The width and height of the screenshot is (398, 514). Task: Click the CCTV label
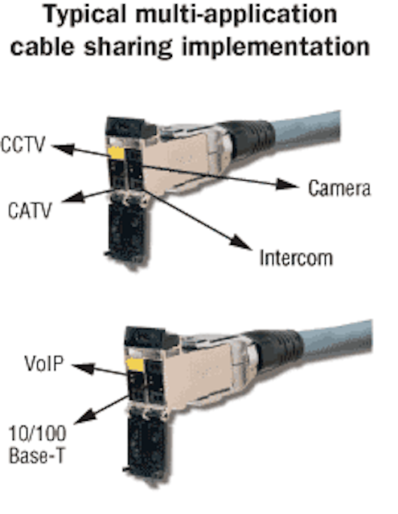pos(23,145)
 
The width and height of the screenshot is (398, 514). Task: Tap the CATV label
pos(30,210)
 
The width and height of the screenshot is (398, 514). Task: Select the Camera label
pos(339,188)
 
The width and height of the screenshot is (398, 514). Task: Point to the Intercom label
pos(296,258)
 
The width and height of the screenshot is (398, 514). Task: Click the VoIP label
pos(44,364)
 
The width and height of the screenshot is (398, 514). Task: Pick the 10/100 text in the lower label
pos(38,434)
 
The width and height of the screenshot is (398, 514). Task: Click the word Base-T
pos(37,455)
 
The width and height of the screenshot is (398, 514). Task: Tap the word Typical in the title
pos(85,15)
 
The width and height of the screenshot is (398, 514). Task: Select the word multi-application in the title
pos(236,15)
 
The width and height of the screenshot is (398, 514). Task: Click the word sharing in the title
pos(128,47)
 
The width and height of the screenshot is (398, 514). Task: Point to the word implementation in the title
pos(276,47)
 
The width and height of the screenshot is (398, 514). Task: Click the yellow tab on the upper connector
pos(116,153)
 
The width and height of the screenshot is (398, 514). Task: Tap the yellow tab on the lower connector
pos(135,365)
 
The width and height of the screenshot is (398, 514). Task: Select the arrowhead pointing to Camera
pos(287,184)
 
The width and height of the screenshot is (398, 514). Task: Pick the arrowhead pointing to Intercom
pos(241,243)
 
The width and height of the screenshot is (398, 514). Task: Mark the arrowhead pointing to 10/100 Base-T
pos(85,417)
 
